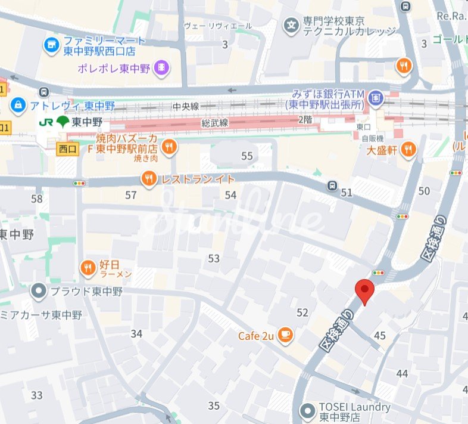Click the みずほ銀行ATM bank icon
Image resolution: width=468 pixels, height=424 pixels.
pos(376,95)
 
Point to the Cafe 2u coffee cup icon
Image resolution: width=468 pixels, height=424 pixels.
pos(286,335)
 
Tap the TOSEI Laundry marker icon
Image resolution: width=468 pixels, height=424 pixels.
pos(307,410)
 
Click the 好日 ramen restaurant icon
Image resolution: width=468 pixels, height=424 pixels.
pos(88,268)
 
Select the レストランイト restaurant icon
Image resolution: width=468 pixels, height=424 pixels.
pos(149,178)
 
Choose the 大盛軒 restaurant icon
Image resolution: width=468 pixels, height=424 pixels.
pos(408,149)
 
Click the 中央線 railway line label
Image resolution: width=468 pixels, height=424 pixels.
pos(185,107)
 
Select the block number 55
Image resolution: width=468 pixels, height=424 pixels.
pos(247,156)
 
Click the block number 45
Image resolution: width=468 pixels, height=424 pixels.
pos(380,336)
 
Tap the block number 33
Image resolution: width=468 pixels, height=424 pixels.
pos(37,395)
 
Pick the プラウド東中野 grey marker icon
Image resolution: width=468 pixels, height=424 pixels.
pos(39,292)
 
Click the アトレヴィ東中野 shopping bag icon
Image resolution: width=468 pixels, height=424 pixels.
pos(18,106)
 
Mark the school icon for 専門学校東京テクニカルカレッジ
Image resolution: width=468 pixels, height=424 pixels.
pos(291,25)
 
